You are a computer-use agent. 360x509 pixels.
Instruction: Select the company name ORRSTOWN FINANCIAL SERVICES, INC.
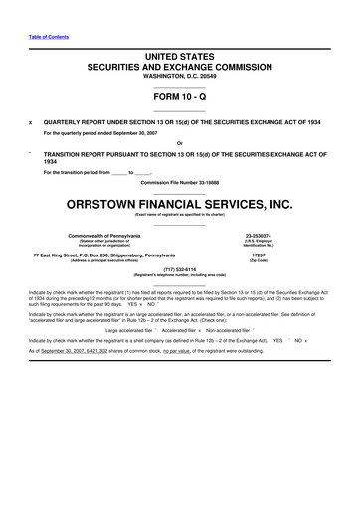179,205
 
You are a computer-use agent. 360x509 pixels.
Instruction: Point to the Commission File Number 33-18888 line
179,185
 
